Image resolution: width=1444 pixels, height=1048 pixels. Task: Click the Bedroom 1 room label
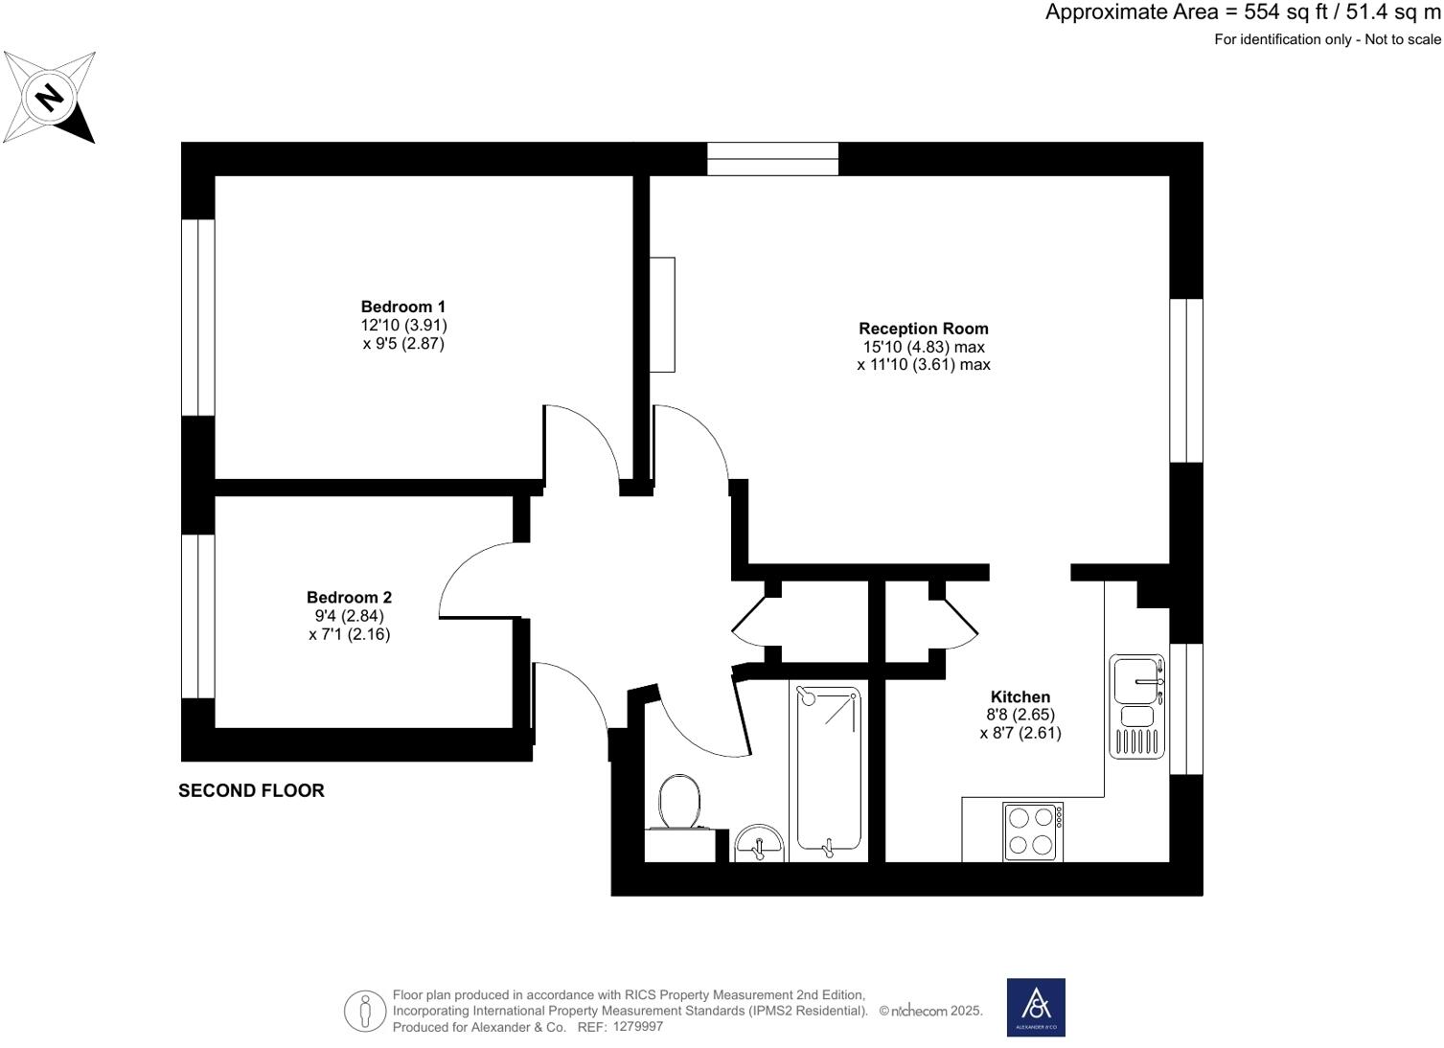[402, 307]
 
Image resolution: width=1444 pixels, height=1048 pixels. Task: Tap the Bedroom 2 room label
[349, 597]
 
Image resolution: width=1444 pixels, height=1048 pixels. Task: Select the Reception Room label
[923, 329]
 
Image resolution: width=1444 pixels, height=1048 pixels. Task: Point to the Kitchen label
[1020, 696]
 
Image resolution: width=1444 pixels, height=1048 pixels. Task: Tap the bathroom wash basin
[759, 844]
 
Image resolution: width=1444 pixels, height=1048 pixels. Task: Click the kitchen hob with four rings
[1032, 832]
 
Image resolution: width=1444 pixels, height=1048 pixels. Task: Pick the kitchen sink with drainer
[1137, 706]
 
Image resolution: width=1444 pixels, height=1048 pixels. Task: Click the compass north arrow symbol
[49, 98]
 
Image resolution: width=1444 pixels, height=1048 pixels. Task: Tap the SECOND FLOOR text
[251, 790]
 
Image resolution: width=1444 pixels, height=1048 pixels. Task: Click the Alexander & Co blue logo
[1035, 1007]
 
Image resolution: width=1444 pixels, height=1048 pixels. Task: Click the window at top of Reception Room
[772, 159]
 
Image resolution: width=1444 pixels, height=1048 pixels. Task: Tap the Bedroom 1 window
[198, 317]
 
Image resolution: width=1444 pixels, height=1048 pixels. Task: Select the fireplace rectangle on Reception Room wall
[662, 314]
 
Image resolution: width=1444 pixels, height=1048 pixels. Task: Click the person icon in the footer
[364, 1011]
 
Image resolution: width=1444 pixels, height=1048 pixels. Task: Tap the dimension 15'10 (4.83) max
[923, 347]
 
